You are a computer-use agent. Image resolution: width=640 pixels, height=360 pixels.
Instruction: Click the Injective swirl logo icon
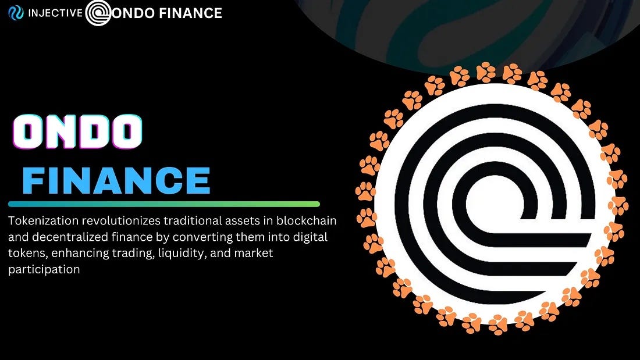[16, 12]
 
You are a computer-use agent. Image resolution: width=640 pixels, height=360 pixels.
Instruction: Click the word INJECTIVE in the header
[55, 12]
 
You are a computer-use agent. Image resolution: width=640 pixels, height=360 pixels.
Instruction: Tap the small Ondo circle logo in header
[98, 13]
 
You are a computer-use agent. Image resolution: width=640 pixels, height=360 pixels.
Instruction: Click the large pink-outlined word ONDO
[77, 131]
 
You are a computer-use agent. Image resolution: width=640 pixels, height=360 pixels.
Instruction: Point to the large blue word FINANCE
[116, 180]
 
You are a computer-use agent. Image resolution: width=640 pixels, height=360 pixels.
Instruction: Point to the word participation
[44, 270]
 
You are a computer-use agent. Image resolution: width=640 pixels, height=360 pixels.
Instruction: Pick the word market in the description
[253, 254]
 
